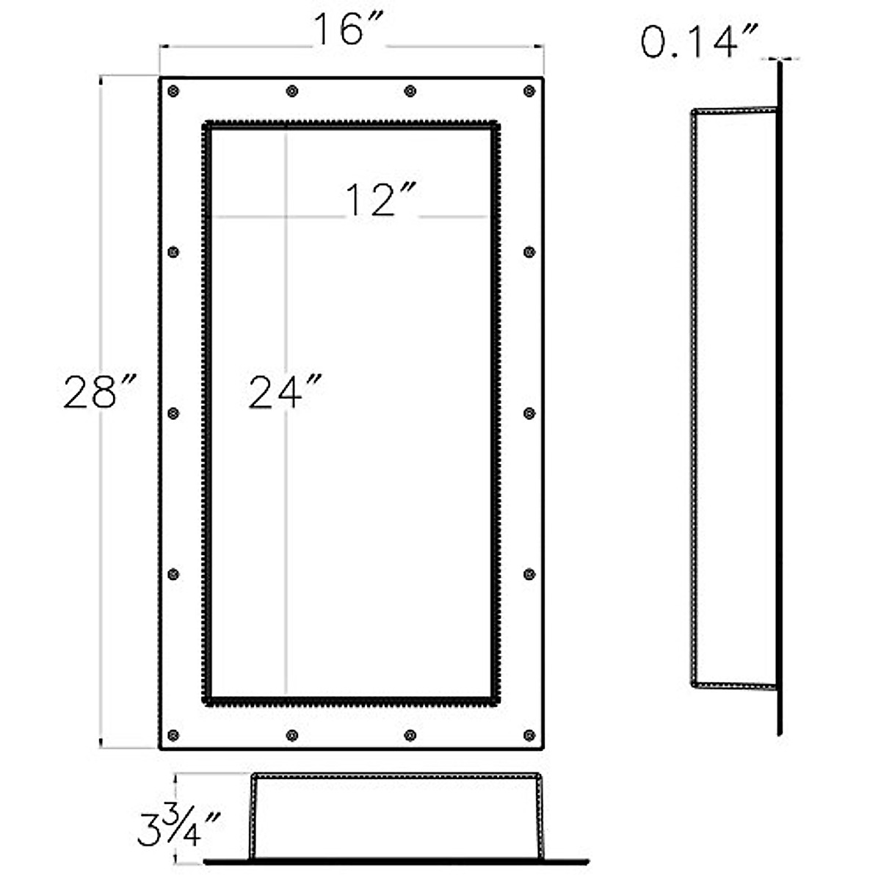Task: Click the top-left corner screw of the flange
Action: coord(173,91)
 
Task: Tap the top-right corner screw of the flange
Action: coord(529,91)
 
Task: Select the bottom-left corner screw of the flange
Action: coord(173,735)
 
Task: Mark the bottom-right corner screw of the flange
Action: coord(529,735)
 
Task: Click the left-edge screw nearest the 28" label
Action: coord(173,413)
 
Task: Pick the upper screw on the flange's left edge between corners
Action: coord(173,252)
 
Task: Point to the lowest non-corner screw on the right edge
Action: coord(529,573)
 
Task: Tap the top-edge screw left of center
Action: coord(292,91)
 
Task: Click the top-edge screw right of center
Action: coord(410,91)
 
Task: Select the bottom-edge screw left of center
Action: coord(292,735)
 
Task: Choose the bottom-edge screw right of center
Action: coord(410,735)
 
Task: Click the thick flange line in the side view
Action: coord(779,396)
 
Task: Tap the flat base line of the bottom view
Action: coord(396,860)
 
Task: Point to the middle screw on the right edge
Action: coord(529,413)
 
